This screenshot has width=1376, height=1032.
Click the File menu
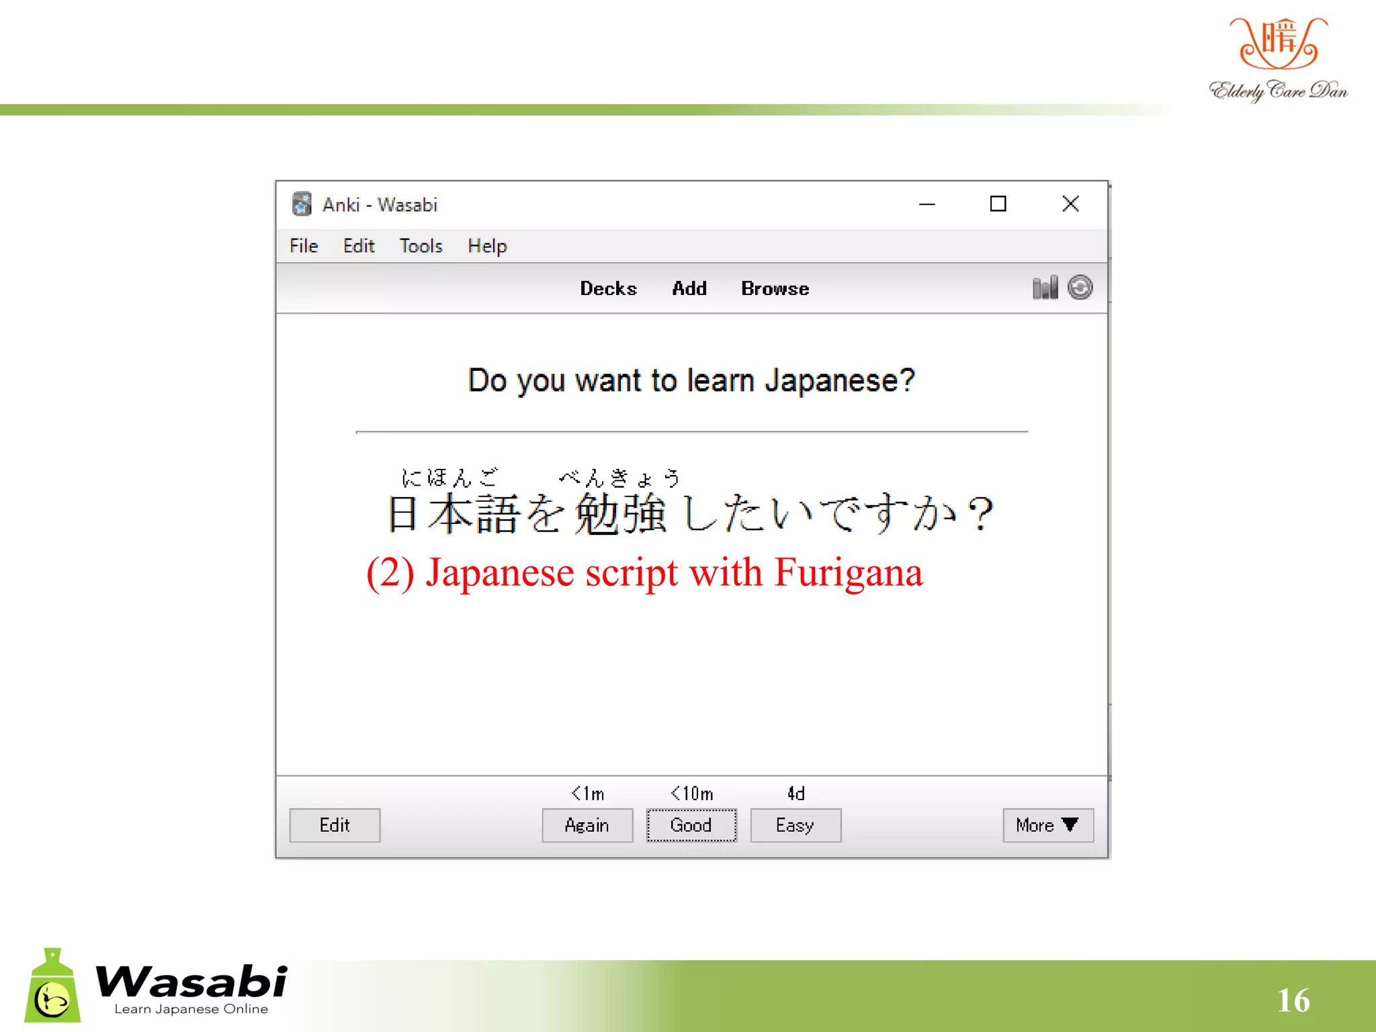[304, 246]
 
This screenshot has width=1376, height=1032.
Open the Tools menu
[421, 246]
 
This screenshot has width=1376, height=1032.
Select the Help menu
[487, 246]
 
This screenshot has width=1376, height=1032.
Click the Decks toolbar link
[608, 288]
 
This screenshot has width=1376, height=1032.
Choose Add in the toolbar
[689, 288]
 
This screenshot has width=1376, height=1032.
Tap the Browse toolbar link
[775, 288]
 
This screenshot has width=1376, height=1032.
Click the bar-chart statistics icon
[1045, 288]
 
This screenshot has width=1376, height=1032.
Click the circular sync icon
[1080, 288]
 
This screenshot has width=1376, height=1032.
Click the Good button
[691, 825]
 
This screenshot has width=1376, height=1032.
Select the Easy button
[795, 825]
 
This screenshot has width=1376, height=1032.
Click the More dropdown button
[1047, 825]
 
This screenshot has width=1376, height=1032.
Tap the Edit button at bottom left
[335, 825]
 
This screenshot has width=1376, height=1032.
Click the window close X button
[1070, 204]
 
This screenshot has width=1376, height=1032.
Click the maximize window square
[998, 204]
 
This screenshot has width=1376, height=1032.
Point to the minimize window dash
[927, 204]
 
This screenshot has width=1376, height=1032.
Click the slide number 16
[1293, 1000]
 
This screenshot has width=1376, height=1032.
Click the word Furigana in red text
[849, 573]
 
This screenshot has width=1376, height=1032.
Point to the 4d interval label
[795, 793]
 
